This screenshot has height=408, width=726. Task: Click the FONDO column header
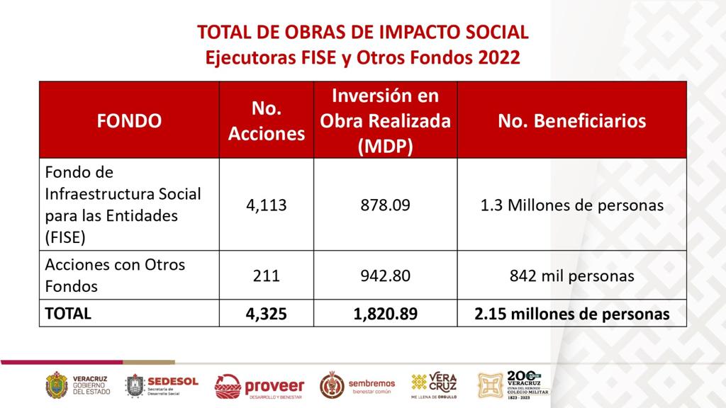coord(129,120)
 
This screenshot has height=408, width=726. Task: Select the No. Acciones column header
coord(267,120)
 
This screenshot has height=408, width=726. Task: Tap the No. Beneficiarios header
coord(571,120)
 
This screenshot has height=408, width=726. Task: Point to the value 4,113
coord(267,205)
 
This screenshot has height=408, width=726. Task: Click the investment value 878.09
coord(385,205)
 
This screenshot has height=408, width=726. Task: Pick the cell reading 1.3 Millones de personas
coord(571,205)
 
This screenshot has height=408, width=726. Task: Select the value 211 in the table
coord(267,276)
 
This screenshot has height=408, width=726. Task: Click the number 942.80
coord(385,276)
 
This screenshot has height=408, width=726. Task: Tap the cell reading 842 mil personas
coord(571,276)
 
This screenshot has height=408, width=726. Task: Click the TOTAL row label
coord(68,313)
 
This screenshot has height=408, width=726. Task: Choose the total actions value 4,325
coord(267,313)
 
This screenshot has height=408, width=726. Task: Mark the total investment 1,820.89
coord(385,313)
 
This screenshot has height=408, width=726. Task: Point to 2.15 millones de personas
coord(571,313)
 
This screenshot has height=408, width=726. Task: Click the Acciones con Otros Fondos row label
coord(115,276)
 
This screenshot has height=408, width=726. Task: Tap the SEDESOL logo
coord(162,385)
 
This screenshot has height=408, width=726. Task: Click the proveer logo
coord(259,386)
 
